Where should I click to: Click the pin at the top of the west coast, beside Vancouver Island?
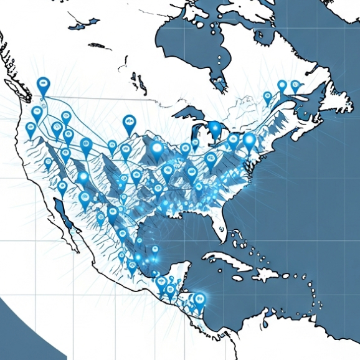click(43, 85)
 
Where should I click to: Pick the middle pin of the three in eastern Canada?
click(282, 86)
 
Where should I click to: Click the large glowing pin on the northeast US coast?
click(249, 141)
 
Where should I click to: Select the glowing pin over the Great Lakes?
click(216, 129)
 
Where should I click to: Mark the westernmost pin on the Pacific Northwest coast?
click(31, 129)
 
